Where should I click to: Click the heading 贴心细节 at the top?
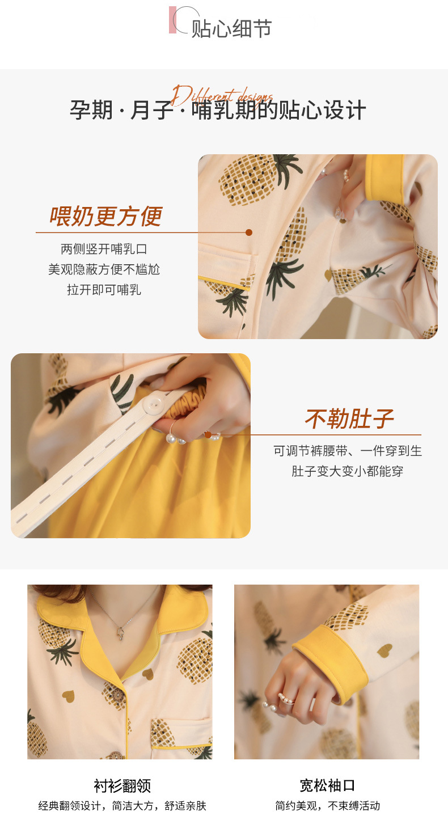[x=231, y=28]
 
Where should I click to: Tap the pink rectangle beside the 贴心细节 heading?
[x=172, y=20]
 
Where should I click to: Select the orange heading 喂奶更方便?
[x=106, y=216]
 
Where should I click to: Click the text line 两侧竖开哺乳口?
[x=104, y=249]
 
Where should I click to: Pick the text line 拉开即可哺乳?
[x=104, y=290]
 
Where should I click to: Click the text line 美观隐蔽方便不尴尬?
[x=104, y=269]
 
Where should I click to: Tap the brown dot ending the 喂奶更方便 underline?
[x=248, y=232]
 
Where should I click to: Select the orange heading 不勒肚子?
[x=349, y=419]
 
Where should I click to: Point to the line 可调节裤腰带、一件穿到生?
[x=348, y=451]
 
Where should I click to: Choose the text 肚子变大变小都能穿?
[x=348, y=471]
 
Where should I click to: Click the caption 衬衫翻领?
[x=122, y=785]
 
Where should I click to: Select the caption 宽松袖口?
[x=327, y=785]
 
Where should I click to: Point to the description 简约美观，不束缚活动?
[x=327, y=806]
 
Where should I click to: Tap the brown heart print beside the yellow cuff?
[x=384, y=650]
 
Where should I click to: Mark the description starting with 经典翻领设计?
[x=122, y=806]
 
